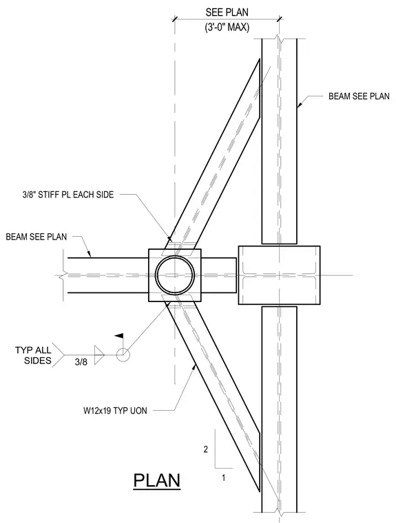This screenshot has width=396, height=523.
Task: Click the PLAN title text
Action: (x=157, y=480)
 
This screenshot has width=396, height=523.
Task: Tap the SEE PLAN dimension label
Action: (x=227, y=12)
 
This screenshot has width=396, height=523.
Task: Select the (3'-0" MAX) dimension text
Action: (x=227, y=28)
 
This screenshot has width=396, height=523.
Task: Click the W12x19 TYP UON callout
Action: (x=115, y=410)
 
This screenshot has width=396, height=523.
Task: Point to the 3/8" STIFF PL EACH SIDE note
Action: (x=68, y=195)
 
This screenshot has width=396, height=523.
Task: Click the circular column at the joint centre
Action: (x=175, y=275)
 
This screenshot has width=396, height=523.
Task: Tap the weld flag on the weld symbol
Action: (x=119, y=336)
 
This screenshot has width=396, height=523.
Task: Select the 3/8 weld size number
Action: (x=81, y=362)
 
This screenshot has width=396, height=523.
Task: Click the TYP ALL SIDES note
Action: (x=33, y=355)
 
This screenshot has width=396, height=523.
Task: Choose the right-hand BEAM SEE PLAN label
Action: (x=359, y=96)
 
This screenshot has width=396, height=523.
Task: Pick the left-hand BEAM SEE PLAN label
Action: (x=37, y=237)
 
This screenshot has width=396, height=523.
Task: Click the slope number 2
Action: (x=206, y=449)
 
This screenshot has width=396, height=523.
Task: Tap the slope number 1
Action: (x=223, y=478)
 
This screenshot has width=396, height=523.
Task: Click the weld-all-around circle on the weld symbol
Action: (x=123, y=354)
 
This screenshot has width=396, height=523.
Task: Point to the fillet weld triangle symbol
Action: (x=98, y=355)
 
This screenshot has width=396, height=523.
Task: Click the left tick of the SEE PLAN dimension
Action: (x=174, y=19)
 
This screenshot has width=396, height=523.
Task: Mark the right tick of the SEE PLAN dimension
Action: (x=280, y=19)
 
